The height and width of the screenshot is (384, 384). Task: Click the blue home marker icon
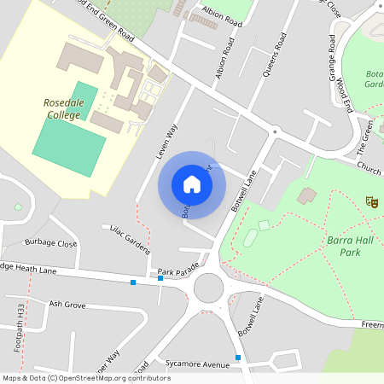click(192, 183)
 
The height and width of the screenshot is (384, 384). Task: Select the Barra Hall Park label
click(351, 247)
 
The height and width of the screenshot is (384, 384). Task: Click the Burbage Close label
click(51, 243)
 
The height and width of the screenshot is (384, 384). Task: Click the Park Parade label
click(177, 271)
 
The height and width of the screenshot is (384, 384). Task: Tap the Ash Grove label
click(67, 304)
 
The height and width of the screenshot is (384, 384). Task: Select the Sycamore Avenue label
click(199, 364)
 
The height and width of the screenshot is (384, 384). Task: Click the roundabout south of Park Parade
click(209, 288)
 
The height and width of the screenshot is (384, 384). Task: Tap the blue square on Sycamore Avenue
click(238, 357)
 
